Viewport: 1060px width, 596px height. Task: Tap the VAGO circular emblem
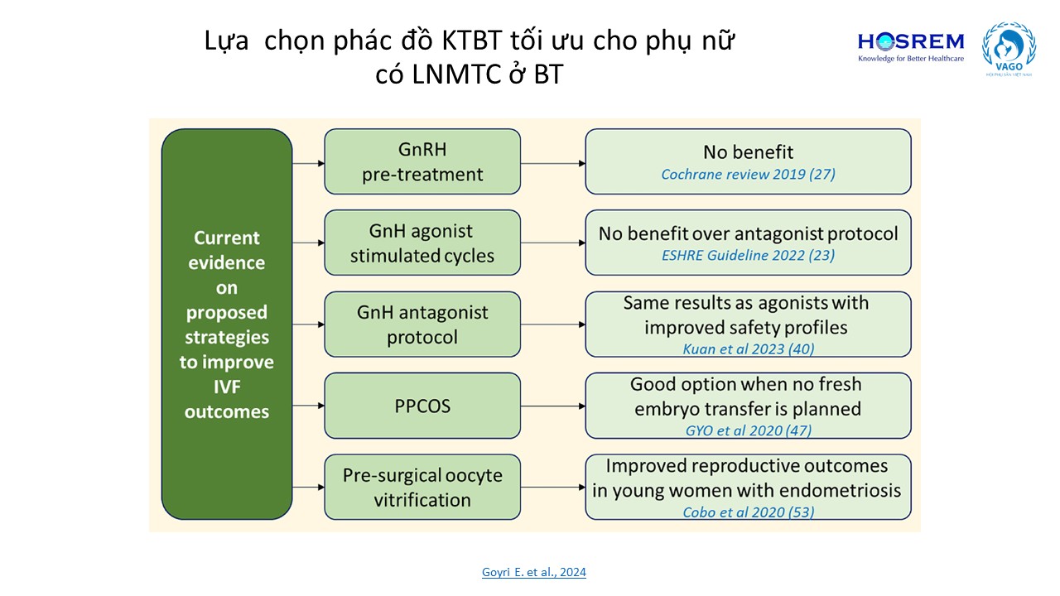1009,49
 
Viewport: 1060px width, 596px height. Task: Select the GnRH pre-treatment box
422,161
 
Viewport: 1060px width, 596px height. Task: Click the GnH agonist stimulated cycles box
422,243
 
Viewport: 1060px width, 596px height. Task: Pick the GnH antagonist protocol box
422,324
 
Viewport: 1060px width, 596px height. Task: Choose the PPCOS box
422,406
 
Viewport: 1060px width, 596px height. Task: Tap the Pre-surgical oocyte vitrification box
422,488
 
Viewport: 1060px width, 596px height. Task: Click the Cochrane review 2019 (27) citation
748,175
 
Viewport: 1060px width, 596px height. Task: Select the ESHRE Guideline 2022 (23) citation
748,256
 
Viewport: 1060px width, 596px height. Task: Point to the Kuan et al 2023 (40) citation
748,349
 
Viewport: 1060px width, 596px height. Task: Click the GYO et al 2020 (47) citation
748,430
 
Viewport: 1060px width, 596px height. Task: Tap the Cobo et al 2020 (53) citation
748,512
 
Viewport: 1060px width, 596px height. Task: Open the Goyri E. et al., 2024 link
534,572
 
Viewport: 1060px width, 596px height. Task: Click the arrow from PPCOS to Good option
553,406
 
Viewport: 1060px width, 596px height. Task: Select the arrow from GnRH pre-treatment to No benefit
553,164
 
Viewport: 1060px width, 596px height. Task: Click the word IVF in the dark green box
227,387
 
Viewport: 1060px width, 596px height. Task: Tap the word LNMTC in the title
456,74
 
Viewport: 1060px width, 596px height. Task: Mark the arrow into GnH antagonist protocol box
309,324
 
